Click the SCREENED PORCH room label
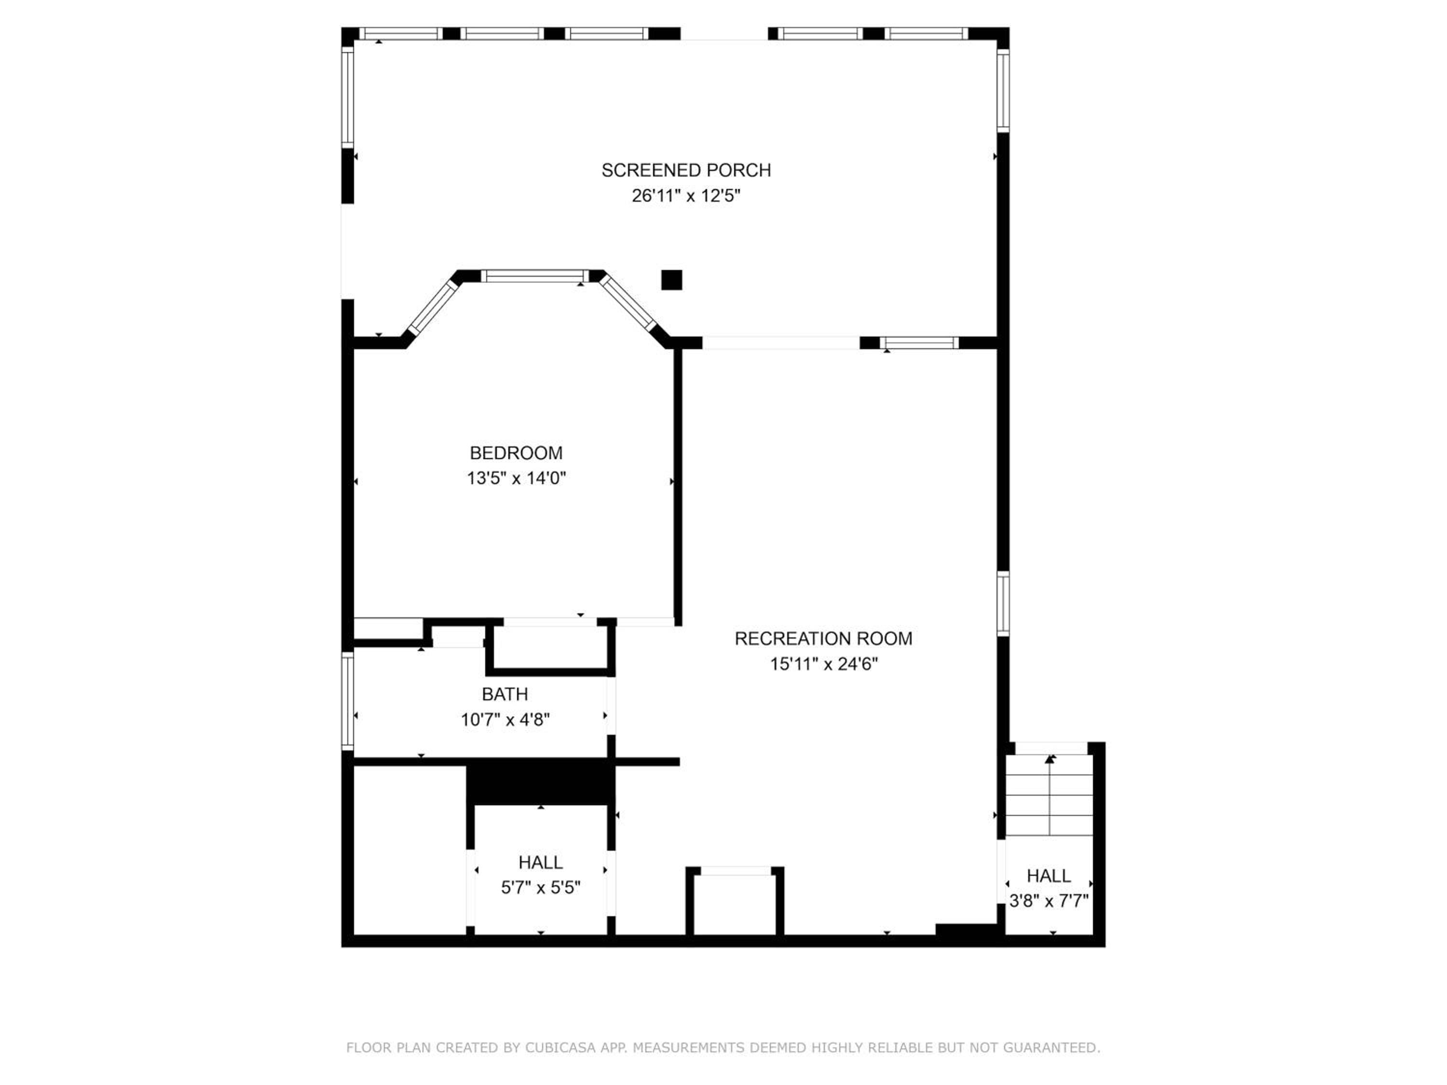(x=686, y=171)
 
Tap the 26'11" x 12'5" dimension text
(x=686, y=196)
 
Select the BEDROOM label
(x=516, y=453)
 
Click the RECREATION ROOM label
(x=824, y=639)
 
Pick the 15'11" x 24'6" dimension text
(x=824, y=665)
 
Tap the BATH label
(x=505, y=694)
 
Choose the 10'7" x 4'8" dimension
(x=505, y=720)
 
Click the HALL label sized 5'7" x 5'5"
(x=540, y=863)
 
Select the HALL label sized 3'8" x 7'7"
(x=1049, y=876)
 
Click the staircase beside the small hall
(x=1049, y=795)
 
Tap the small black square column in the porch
(x=672, y=280)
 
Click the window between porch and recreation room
(x=919, y=343)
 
